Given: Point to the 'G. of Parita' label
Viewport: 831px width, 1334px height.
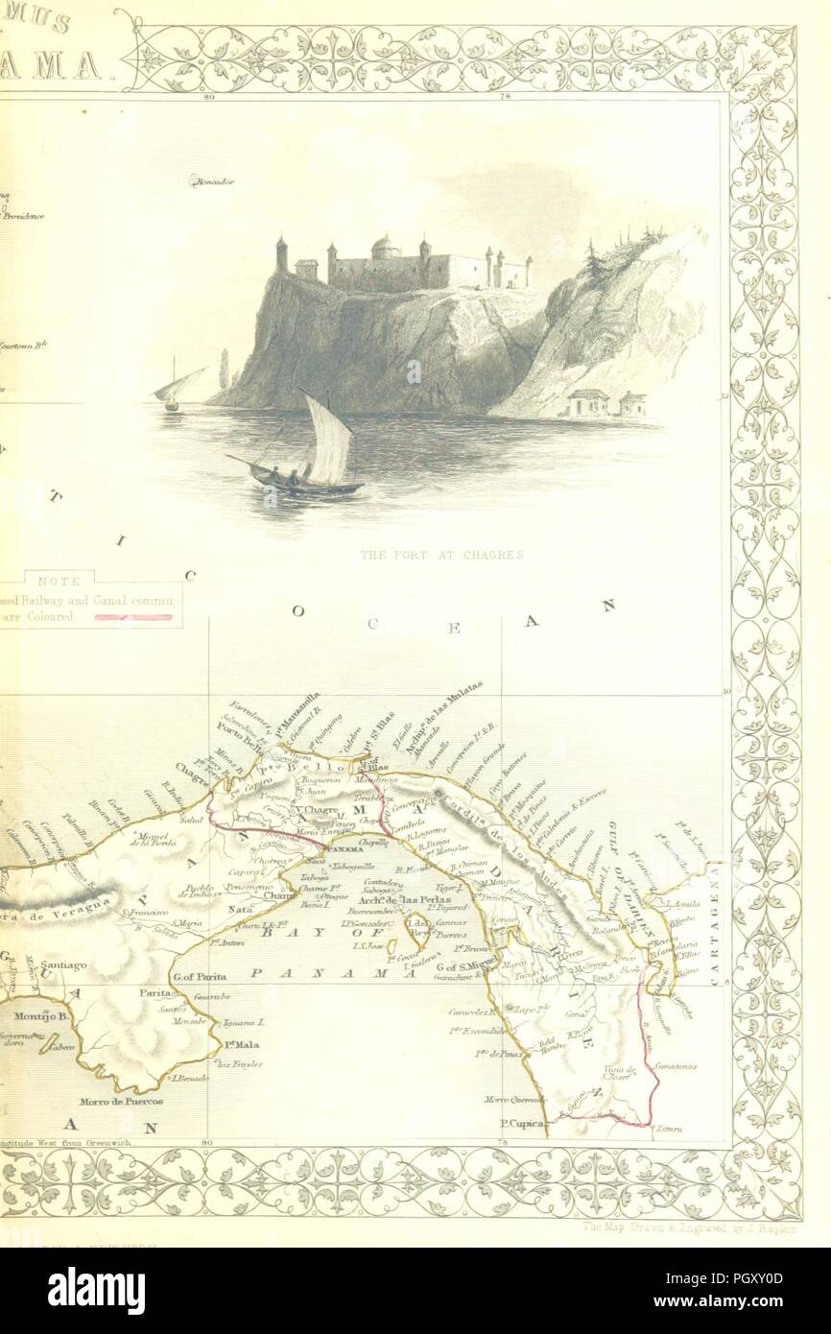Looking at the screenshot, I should [199, 976].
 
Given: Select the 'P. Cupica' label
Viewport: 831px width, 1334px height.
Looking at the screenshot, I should [522, 1121].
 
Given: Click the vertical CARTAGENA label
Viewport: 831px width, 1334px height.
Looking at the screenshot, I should [715, 917].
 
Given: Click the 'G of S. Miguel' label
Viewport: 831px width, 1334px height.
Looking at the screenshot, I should [464, 967].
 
